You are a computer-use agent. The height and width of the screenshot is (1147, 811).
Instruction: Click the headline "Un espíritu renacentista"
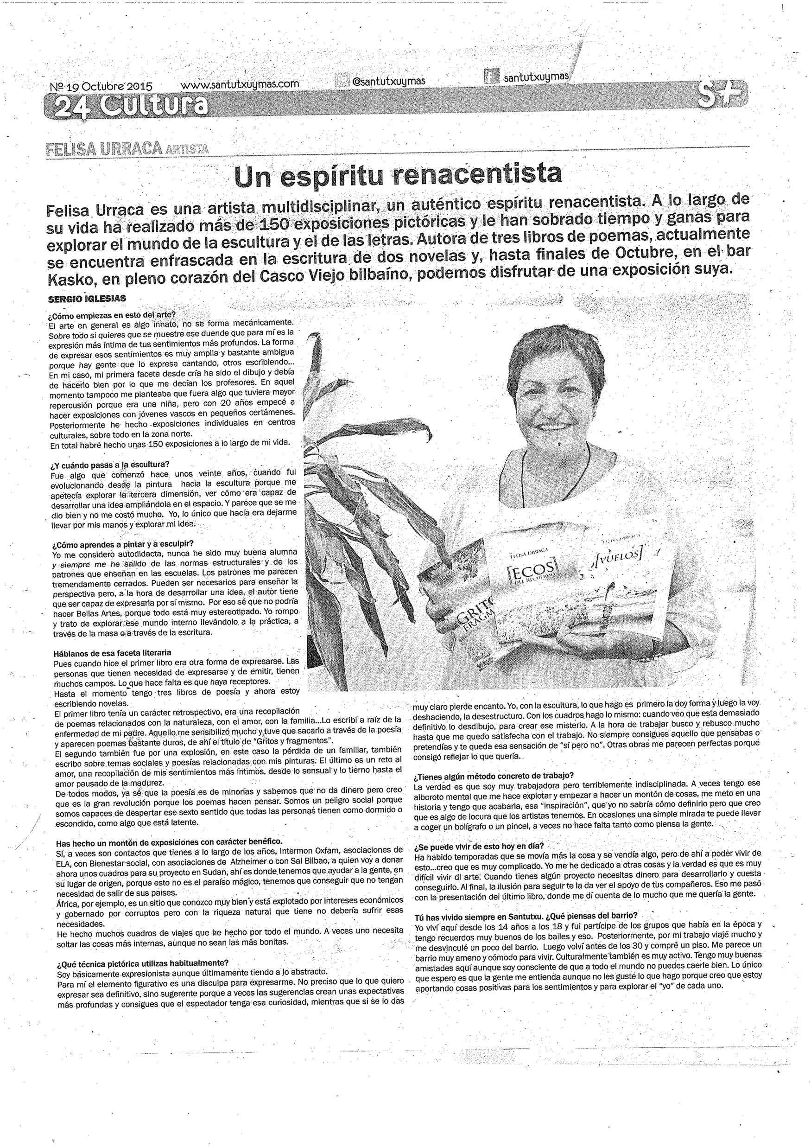[398, 175]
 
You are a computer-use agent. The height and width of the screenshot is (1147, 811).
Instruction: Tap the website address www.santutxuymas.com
[239, 84]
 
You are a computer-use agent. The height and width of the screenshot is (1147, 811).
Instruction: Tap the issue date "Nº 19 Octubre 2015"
[101, 86]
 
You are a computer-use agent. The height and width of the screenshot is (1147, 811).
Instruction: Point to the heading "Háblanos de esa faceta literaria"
[112, 652]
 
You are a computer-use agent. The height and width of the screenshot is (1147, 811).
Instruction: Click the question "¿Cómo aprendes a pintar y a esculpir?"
[123, 543]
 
